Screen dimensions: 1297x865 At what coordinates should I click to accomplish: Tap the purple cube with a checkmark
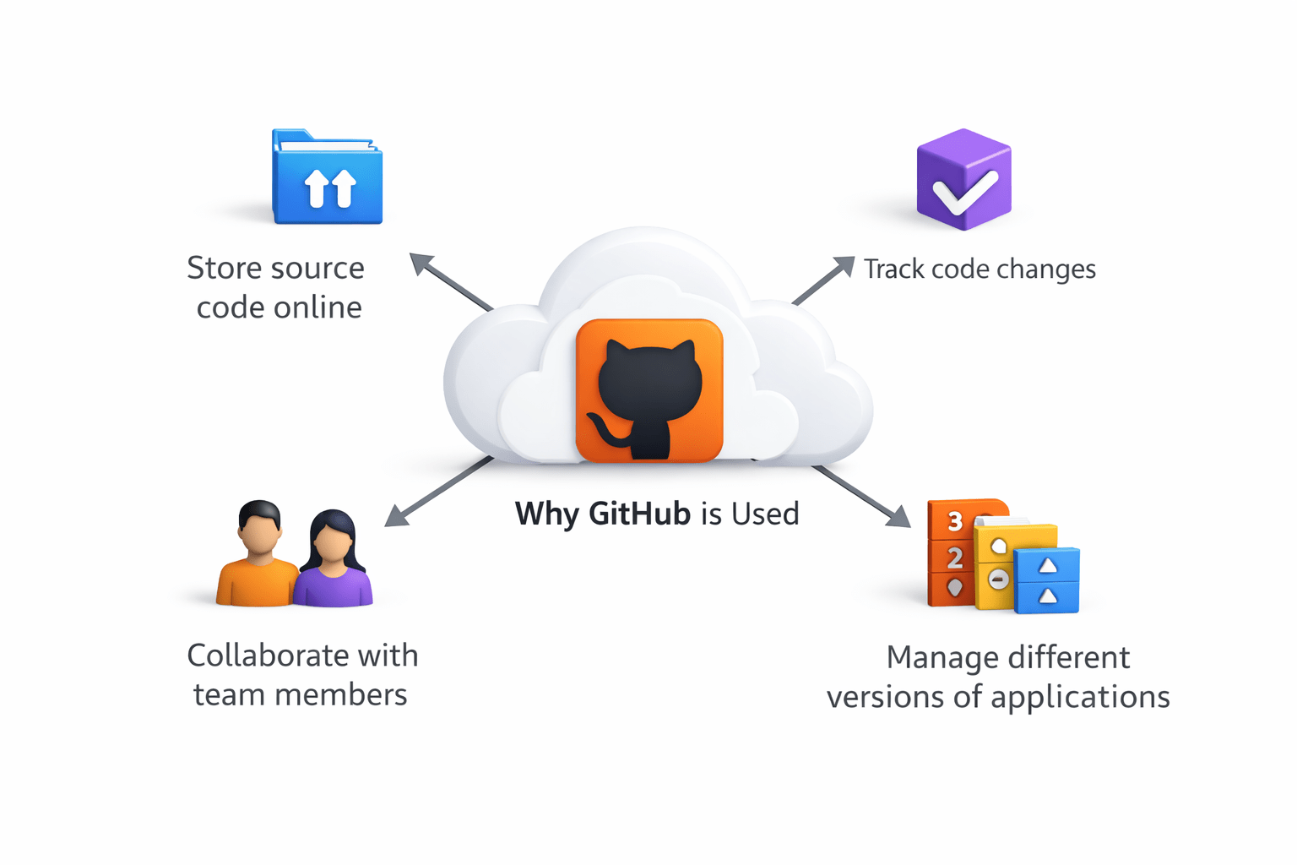click(963, 180)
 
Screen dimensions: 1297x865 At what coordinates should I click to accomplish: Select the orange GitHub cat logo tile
click(648, 390)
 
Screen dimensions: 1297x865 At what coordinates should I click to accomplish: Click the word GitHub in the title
click(639, 514)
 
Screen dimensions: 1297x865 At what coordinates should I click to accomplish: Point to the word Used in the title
click(765, 514)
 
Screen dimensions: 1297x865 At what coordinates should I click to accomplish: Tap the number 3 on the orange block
click(955, 521)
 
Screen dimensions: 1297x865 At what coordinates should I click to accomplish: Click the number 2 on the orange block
click(955, 558)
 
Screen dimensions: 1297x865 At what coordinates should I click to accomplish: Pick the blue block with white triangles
click(1047, 580)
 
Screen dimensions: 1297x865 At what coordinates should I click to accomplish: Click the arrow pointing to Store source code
click(451, 281)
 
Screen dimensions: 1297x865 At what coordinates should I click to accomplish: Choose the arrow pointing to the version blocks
click(862, 496)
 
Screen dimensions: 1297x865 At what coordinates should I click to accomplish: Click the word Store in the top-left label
click(224, 268)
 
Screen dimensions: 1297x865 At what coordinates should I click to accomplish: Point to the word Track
click(894, 269)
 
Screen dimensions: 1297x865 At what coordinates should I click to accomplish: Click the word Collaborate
click(268, 656)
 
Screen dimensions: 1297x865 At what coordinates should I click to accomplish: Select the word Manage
click(941, 657)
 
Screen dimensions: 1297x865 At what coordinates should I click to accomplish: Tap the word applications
click(1080, 698)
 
